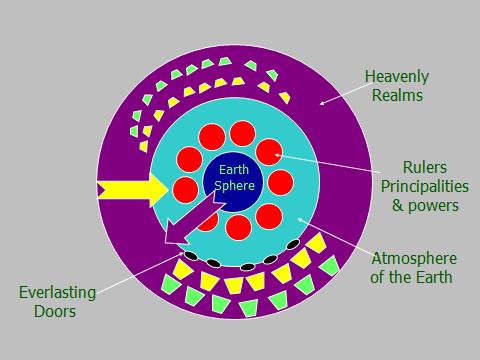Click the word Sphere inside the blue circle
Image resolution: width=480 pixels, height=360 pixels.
pos(238,186)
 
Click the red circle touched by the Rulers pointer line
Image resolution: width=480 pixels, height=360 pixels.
pos(268,152)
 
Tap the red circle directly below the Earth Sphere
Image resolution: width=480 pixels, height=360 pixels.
pos(238,227)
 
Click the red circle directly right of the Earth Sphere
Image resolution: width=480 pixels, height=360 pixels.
pos(281,182)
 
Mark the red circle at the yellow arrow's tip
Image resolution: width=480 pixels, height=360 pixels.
pos(185,188)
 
